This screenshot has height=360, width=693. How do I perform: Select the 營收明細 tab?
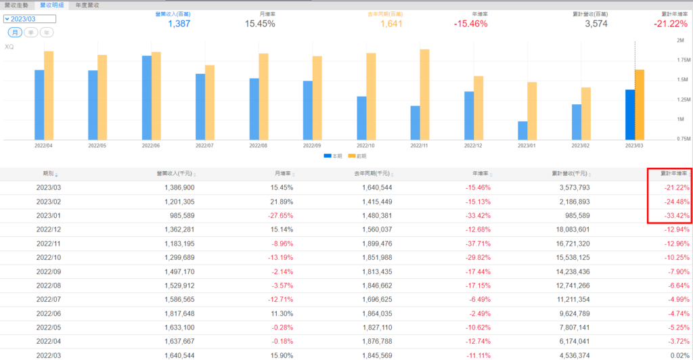[x=52, y=5]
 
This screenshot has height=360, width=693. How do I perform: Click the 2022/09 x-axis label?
[x=312, y=145]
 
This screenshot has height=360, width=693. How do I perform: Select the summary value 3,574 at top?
[x=596, y=24]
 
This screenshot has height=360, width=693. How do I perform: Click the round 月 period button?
[x=14, y=32]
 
